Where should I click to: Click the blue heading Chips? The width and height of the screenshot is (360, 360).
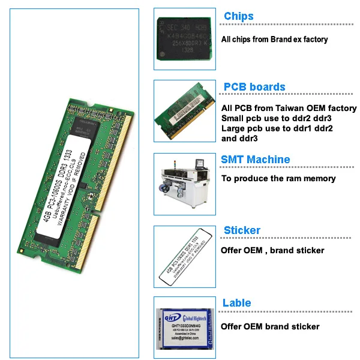click(239, 16)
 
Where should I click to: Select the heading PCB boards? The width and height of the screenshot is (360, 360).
click(254, 87)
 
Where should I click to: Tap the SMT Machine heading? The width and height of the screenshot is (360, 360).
click(256, 160)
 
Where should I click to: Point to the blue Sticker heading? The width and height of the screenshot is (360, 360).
click(242, 230)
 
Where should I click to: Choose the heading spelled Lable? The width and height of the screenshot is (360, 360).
click(237, 303)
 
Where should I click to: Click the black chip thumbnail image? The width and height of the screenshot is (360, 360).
click(184, 39)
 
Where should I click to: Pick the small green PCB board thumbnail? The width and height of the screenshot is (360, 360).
click(184, 111)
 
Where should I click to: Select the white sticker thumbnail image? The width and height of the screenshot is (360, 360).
click(184, 255)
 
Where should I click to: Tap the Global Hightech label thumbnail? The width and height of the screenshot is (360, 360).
click(184, 328)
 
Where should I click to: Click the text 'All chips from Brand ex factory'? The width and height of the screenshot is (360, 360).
click(275, 40)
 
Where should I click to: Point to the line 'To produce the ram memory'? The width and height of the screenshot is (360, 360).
click(278, 178)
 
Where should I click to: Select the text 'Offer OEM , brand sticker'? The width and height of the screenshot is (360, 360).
click(272, 250)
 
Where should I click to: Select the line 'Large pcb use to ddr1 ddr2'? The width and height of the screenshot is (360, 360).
click(277, 128)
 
